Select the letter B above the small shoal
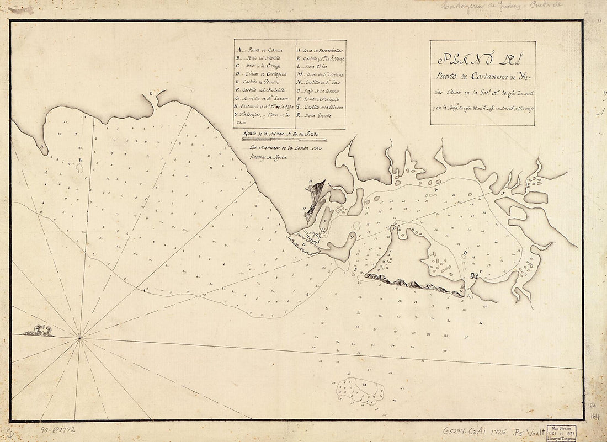point(79,161)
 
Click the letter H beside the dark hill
point(310,181)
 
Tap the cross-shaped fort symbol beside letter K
point(474,276)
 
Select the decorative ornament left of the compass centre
point(38,331)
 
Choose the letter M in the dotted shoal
point(364,385)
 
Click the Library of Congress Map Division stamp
point(562,432)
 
